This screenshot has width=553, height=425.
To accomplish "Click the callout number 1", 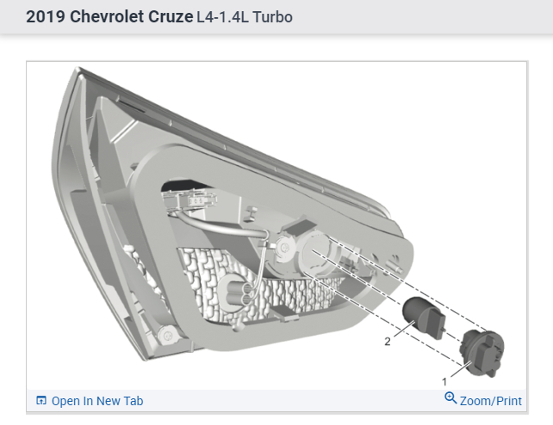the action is [x=444, y=382].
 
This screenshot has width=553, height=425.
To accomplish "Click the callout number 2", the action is [x=388, y=342].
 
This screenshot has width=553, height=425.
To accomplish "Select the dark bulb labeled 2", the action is [x=424, y=317].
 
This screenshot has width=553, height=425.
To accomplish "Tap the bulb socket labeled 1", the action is [x=482, y=353].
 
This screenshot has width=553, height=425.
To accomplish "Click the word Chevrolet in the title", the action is [x=107, y=17].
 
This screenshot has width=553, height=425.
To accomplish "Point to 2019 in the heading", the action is [x=46, y=17].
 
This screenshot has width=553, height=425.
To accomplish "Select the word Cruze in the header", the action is [x=171, y=17].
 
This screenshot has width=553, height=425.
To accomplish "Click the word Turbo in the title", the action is [x=272, y=17].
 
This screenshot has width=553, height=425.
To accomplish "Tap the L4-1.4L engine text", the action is [x=223, y=17].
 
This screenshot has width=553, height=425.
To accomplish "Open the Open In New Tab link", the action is [x=97, y=401].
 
